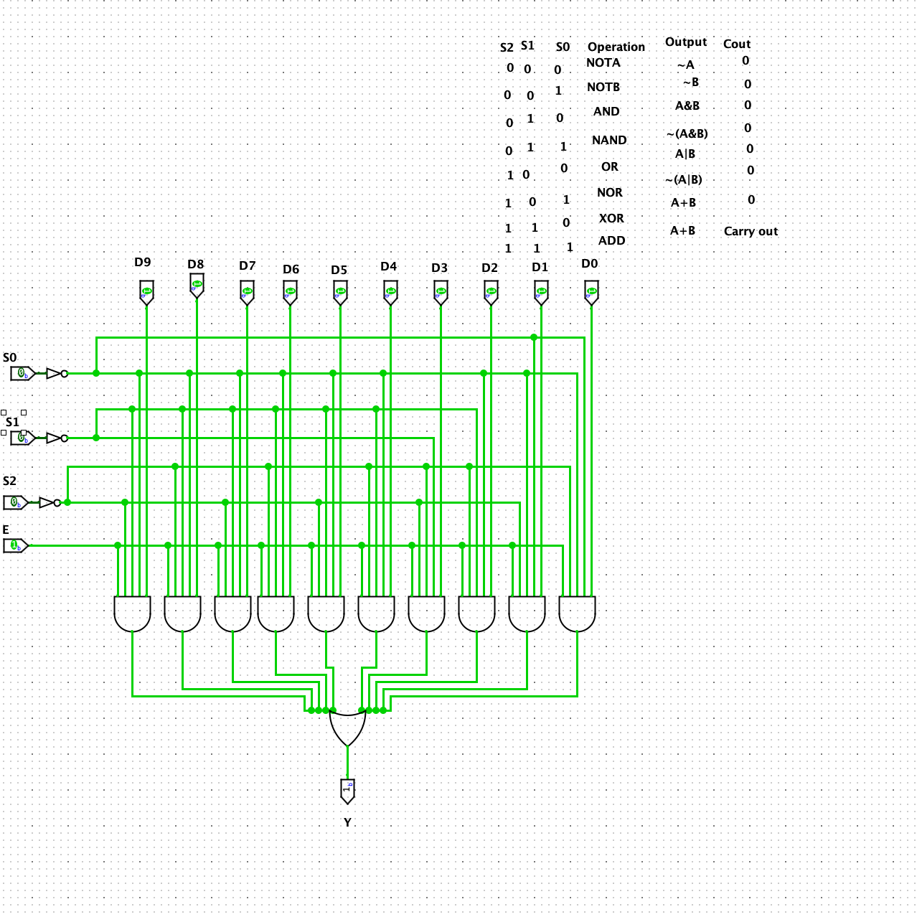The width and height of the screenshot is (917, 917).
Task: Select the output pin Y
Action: (x=347, y=790)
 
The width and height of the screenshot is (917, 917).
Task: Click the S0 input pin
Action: (x=22, y=373)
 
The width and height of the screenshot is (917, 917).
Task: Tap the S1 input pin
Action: (x=22, y=438)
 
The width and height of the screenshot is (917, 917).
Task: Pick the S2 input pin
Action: (x=15, y=502)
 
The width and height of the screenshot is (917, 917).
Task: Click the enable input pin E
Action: (x=15, y=545)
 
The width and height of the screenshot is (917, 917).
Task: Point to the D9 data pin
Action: (x=146, y=292)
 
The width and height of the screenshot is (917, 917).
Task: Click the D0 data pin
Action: (x=591, y=292)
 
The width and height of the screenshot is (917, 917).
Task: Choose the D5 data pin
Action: (x=340, y=292)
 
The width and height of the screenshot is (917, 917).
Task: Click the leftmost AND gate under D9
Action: (x=132, y=613)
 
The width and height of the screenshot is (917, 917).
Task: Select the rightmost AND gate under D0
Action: (x=577, y=613)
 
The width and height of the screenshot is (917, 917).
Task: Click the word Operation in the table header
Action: (x=616, y=47)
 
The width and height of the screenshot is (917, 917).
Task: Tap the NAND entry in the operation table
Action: (x=608, y=140)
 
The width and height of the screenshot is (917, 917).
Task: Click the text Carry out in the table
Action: (x=751, y=231)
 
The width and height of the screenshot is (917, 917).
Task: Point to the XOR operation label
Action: (x=611, y=218)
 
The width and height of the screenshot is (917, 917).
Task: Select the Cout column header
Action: (x=736, y=44)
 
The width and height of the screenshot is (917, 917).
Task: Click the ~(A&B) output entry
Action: (x=687, y=133)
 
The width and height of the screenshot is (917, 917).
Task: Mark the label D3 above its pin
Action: (x=439, y=268)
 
